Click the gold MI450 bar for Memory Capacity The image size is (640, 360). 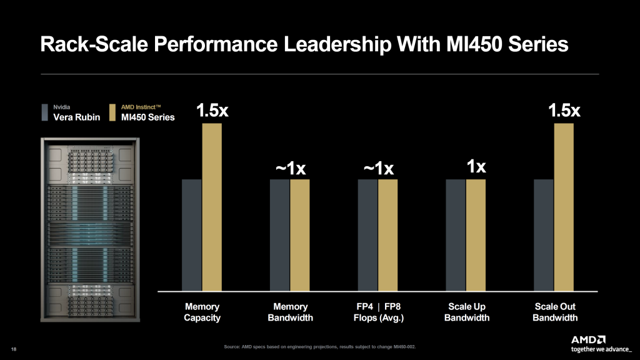coord(212,207)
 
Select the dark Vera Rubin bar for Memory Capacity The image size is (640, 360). coord(191,235)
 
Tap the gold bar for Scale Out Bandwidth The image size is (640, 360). coord(563,207)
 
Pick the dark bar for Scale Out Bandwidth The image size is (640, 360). coord(543,235)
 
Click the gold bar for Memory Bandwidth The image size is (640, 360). coord(300,235)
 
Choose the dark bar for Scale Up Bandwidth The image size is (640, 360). coord(456,235)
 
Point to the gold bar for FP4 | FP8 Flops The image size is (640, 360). coord(387,235)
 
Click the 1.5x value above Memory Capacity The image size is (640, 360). coord(212,111)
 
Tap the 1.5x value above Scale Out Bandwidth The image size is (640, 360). coord(564,111)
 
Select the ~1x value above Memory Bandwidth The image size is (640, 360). coord(291,169)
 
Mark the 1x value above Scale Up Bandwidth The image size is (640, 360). coord(476,167)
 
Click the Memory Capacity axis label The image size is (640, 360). coord(202,312)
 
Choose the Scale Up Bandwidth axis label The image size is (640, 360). coord(466,312)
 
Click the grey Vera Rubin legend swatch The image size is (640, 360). coord(45,112)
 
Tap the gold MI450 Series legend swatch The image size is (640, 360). coord(112,112)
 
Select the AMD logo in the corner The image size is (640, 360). coord(587,339)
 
